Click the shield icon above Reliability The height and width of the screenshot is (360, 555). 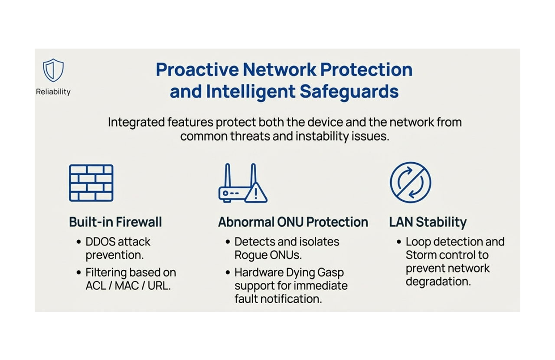(53, 70)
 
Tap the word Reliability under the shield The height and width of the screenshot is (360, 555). (53, 92)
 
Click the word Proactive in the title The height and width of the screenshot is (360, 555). (196, 70)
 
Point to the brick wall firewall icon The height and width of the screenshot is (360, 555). (91, 183)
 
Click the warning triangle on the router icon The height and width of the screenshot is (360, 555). (256, 193)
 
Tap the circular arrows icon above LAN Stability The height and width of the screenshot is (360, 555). (410, 183)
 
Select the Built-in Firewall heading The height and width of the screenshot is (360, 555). (115, 222)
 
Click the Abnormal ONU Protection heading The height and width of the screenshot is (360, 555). (293, 222)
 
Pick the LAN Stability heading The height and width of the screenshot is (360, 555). (428, 222)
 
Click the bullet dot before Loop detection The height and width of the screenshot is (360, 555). (399, 242)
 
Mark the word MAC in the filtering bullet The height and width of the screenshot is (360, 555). (124, 286)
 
